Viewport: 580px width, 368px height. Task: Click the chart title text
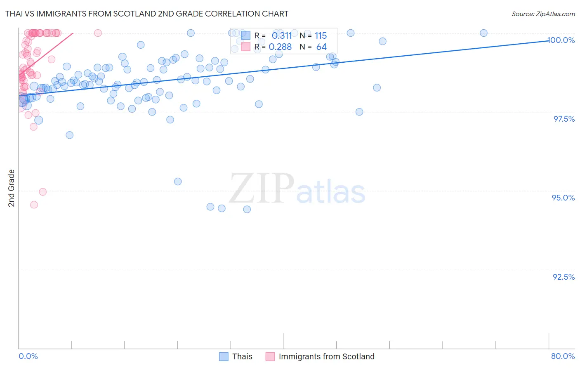pyautogui.click(x=147, y=14)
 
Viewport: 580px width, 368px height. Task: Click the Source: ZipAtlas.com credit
pyautogui.click(x=543, y=14)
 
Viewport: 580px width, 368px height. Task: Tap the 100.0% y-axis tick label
pyautogui.click(x=561, y=40)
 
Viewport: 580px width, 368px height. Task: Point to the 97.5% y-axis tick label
pyautogui.click(x=564, y=119)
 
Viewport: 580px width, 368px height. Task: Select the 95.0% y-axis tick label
pyautogui.click(x=563, y=198)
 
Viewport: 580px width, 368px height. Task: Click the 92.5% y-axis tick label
pyautogui.click(x=563, y=277)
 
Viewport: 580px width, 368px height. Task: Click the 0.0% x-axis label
pyautogui.click(x=28, y=356)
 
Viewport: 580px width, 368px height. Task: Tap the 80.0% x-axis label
pyautogui.click(x=563, y=356)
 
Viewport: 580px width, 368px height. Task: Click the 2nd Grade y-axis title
pyautogui.click(x=12, y=188)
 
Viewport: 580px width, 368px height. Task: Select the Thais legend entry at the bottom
pyautogui.click(x=242, y=356)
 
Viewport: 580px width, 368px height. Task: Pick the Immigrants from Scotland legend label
pyautogui.click(x=326, y=356)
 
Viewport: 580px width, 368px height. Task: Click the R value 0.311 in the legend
pyautogui.click(x=282, y=35)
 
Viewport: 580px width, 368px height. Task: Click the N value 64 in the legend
pyautogui.click(x=321, y=47)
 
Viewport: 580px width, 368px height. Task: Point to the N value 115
pyautogui.click(x=321, y=35)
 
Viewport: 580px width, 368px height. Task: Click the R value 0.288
pyautogui.click(x=280, y=47)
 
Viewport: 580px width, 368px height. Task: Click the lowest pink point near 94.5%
pyautogui.click(x=34, y=205)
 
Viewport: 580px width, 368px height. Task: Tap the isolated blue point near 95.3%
pyautogui.click(x=178, y=182)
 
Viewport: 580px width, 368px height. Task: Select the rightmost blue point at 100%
pyautogui.click(x=483, y=33)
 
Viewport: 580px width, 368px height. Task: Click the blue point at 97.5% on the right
pyautogui.click(x=359, y=112)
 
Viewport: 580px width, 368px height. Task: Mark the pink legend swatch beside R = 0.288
pyautogui.click(x=246, y=47)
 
